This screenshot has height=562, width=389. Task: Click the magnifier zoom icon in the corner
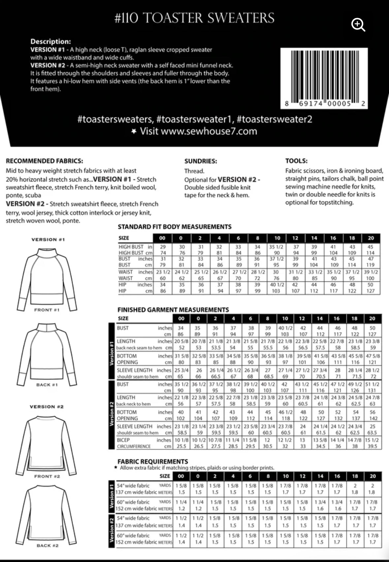358,25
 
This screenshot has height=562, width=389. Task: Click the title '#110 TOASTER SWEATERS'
194,18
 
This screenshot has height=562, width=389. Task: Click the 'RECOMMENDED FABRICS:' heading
45,161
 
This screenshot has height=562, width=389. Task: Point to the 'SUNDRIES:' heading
201,161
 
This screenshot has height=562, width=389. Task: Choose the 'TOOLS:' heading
296,161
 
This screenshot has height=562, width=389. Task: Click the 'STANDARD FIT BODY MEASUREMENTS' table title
175,227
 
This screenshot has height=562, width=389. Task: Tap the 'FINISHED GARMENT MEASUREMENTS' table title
173,310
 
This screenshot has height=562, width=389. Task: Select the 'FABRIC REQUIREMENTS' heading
153,461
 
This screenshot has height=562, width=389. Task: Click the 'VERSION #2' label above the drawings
47,407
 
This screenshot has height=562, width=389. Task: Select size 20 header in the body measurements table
371,238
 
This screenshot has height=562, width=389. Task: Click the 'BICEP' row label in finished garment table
123,440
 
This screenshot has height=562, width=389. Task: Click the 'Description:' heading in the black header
50,42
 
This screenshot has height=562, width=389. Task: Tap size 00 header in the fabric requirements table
181,476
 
